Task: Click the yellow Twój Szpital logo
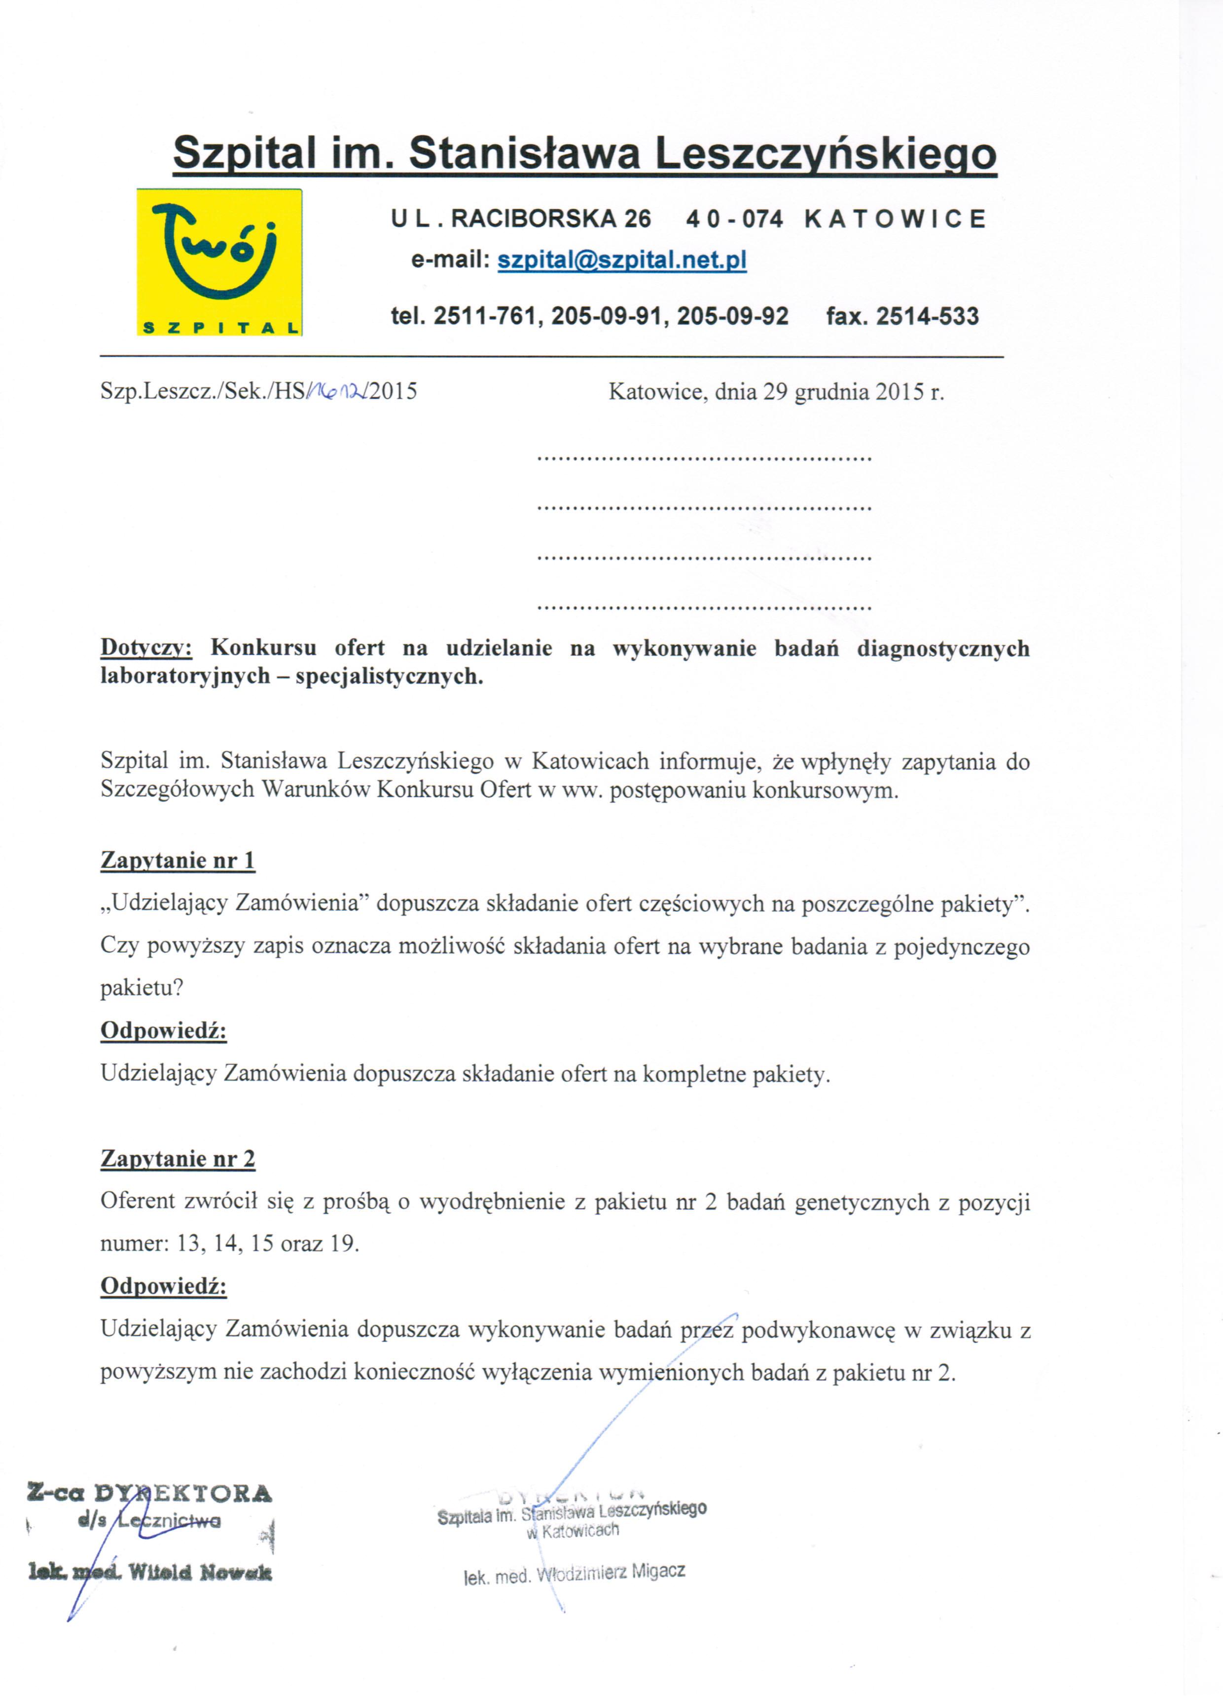click(x=219, y=262)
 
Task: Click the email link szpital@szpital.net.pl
click(x=621, y=260)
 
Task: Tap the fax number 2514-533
click(x=927, y=316)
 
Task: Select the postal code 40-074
click(x=735, y=219)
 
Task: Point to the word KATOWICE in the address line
click(x=896, y=219)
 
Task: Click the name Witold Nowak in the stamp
click(x=200, y=1573)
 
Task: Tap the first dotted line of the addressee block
click(x=705, y=457)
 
